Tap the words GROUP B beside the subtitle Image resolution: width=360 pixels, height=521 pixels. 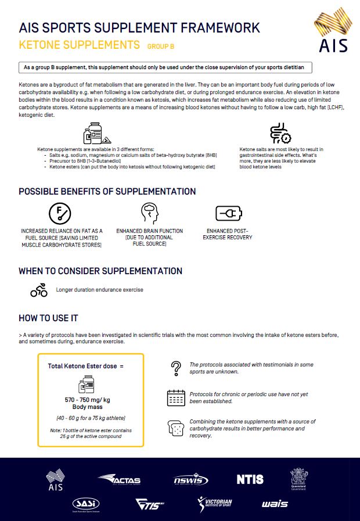(161, 46)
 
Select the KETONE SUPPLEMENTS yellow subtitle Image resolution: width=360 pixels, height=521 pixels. (80, 45)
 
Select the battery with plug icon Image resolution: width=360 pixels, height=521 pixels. (227, 213)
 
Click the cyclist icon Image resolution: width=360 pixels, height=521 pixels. (39, 290)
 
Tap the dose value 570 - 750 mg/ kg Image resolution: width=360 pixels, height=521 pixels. (88, 401)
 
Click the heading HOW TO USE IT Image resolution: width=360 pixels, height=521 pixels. (48, 318)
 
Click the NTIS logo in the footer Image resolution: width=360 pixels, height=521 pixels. (250, 479)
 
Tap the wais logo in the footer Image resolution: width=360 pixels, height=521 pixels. (275, 504)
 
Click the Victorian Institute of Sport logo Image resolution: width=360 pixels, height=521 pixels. (215, 504)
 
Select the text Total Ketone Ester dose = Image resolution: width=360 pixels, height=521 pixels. (85, 367)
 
